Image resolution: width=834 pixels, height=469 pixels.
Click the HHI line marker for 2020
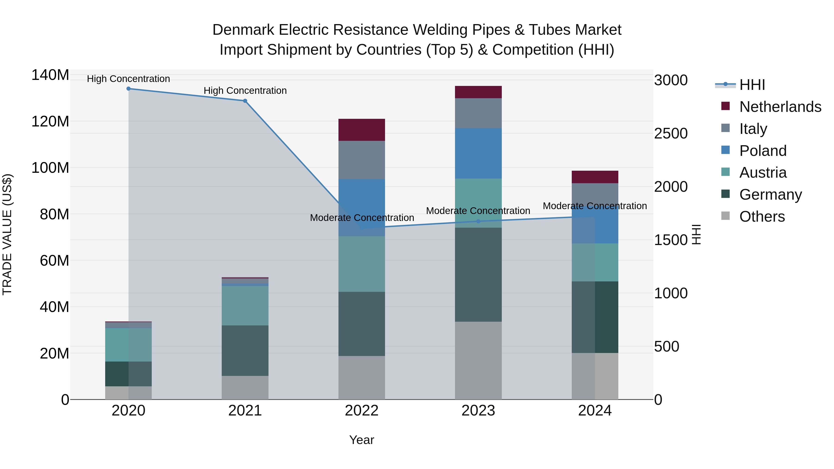click(x=129, y=89)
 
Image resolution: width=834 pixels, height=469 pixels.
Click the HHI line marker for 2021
click(x=245, y=101)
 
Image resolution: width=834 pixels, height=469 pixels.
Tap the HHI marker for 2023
click(x=479, y=221)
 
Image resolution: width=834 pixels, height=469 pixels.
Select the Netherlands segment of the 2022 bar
click(x=362, y=130)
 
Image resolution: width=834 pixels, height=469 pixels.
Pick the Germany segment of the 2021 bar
click(x=245, y=351)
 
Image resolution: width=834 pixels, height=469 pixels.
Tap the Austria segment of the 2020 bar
click(x=129, y=345)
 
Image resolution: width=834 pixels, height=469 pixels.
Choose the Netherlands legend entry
click(x=780, y=107)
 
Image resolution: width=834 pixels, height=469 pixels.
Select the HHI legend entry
click(x=752, y=85)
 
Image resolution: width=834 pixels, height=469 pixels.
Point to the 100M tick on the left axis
click(x=50, y=168)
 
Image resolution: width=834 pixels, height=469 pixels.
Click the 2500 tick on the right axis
click(x=671, y=134)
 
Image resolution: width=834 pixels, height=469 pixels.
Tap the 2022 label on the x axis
click(x=362, y=411)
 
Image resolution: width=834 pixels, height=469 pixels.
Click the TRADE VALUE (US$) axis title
click(x=7, y=234)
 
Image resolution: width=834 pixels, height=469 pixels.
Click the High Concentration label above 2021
click(x=245, y=91)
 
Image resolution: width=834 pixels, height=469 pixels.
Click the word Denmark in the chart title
click(x=243, y=30)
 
